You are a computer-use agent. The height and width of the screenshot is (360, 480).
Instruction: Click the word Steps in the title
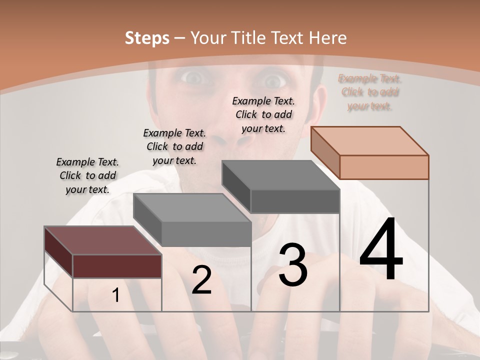tap(147, 38)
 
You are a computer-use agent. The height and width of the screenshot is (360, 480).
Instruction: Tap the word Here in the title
tap(328, 38)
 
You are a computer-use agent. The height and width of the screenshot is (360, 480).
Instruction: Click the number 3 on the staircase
tap(293, 265)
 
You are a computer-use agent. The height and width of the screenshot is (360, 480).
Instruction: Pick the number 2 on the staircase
tap(201, 280)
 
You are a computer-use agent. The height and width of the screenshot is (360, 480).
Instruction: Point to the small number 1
tap(116, 295)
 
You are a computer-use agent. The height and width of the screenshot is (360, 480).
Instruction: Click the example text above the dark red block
tap(87, 176)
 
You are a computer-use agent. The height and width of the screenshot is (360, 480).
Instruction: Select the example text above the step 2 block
tap(174, 147)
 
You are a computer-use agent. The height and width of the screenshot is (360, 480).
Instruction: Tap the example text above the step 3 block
tap(263, 115)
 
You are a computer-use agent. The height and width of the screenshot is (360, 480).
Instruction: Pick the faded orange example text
tap(370, 92)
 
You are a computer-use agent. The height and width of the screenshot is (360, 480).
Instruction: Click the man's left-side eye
tap(192, 78)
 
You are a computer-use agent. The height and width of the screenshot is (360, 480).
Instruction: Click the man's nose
tap(232, 135)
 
